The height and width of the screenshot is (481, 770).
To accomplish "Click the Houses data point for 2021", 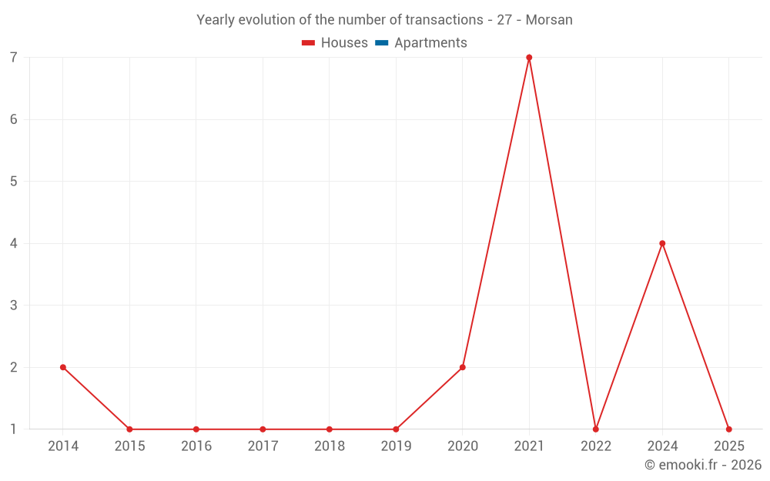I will (529, 58).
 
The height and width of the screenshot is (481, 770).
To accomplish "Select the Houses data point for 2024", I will (662, 243).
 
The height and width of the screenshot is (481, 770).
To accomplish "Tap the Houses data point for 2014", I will (63, 367).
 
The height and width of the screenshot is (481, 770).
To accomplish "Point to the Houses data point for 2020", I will (463, 367).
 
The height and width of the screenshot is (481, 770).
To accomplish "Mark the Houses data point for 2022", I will (596, 429).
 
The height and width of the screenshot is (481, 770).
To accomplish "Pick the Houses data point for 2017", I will (263, 429).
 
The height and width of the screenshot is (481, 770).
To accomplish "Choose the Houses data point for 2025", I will (728, 429).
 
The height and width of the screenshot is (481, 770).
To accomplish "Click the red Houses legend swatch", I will (308, 43).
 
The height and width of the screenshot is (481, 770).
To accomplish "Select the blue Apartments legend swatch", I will (381, 43).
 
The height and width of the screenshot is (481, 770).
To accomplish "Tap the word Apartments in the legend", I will (430, 43).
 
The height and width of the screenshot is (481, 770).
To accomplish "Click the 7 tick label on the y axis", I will (14, 58).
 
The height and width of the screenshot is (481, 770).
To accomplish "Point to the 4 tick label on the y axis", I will (14, 243).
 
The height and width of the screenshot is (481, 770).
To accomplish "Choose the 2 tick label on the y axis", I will (14, 367).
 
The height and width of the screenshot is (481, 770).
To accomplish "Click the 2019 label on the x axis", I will (396, 446).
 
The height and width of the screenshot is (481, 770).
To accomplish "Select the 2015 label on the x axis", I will (129, 446).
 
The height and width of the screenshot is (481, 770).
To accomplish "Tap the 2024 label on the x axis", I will (662, 446).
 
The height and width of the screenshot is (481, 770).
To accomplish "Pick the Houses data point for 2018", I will (330, 429).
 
